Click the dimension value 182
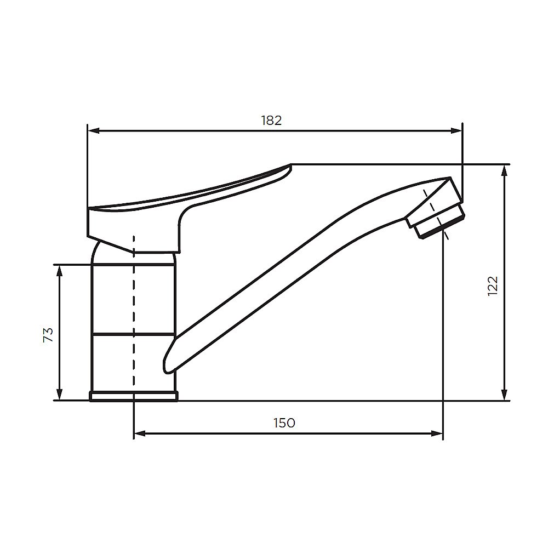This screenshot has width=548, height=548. pos(272,120)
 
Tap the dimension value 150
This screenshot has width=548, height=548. pos(284,423)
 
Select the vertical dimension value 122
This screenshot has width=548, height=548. pos(493,286)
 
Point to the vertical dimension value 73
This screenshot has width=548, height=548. pos(48,335)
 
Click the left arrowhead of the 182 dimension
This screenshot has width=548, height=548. pos(93,131)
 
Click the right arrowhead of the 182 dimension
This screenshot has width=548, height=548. pos(456,131)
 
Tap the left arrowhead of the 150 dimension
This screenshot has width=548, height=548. pos(140,433)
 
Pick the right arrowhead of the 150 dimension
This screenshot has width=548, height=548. pos(437,433)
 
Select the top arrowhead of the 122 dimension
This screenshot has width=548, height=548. pos(504,171)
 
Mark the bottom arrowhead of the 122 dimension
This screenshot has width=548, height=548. pos(504,394)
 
